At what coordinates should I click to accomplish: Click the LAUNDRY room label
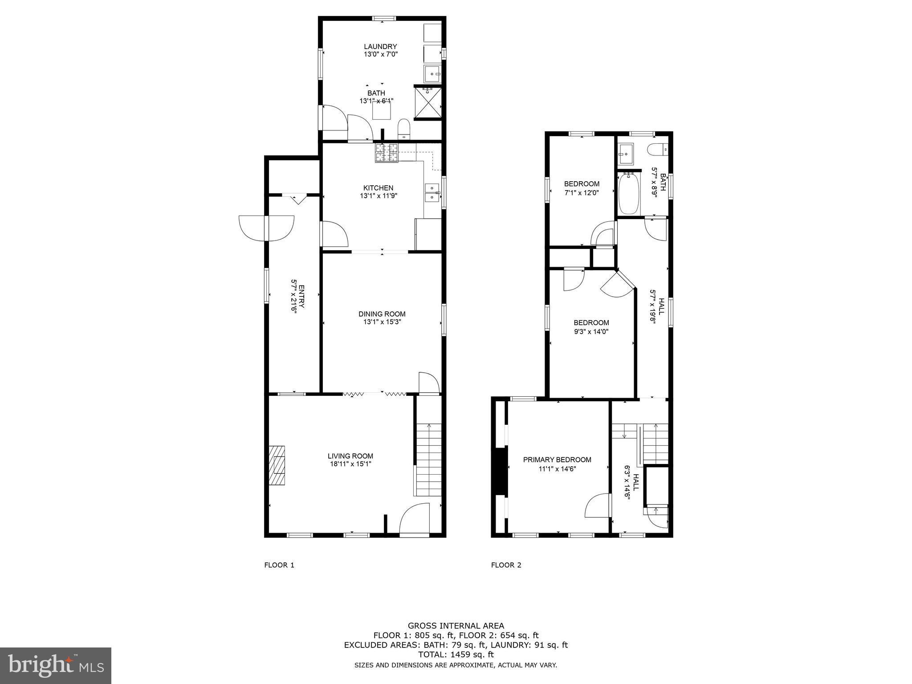380,46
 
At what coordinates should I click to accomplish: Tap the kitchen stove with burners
386,153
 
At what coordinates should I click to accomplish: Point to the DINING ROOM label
382,314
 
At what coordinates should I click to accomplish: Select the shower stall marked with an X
428,102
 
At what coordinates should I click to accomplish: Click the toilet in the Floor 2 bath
658,150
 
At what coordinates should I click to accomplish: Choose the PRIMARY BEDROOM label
557,460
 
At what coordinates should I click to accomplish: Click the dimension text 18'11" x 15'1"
350,464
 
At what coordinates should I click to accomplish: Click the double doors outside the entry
266,228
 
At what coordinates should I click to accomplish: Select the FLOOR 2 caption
506,565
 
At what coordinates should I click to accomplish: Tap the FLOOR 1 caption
279,565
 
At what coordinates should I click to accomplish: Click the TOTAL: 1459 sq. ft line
456,655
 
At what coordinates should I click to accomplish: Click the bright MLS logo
56,665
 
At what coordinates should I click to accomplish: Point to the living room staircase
428,459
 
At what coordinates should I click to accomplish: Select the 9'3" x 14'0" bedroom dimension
591,331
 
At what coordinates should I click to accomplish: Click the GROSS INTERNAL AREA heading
456,626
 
